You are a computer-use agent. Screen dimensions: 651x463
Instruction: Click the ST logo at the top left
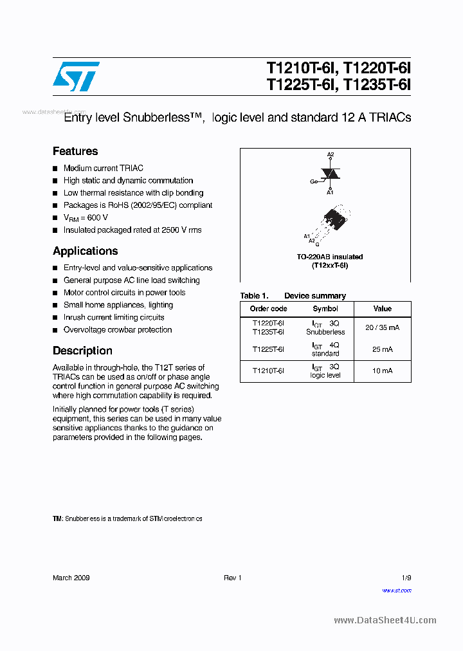click(x=76, y=77)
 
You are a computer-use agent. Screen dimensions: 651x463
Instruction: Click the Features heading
click(x=75, y=151)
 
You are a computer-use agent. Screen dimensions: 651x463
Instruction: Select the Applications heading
click(x=85, y=251)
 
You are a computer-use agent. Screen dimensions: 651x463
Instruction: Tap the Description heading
click(x=82, y=351)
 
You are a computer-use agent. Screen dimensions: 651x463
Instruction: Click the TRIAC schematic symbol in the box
click(x=331, y=174)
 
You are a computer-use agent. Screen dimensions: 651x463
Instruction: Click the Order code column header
click(x=268, y=309)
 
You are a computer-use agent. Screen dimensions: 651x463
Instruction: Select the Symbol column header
click(x=325, y=309)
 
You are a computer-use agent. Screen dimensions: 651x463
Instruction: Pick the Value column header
click(x=382, y=309)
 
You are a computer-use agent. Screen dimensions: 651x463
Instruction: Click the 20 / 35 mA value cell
click(x=382, y=327)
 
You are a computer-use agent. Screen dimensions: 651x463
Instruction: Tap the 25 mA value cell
click(x=382, y=349)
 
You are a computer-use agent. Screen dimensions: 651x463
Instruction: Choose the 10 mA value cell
click(x=382, y=371)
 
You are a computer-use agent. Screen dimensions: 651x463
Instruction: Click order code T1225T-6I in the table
click(x=268, y=349)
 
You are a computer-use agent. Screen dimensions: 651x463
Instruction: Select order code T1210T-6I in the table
click(x=268, y=371)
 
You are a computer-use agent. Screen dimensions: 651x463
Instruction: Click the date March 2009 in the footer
click(x=71, y=578)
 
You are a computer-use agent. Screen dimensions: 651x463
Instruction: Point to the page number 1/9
click(x=406, y=578)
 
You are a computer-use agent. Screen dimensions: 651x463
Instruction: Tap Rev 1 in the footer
click(x=232, y=578)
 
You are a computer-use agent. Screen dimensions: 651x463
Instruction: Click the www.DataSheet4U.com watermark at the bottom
click(x=385, y=620)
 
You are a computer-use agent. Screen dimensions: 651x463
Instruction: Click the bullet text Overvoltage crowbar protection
click(x=118, y=330)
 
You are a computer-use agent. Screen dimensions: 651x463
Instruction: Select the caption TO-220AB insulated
click(x=330, y=257)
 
